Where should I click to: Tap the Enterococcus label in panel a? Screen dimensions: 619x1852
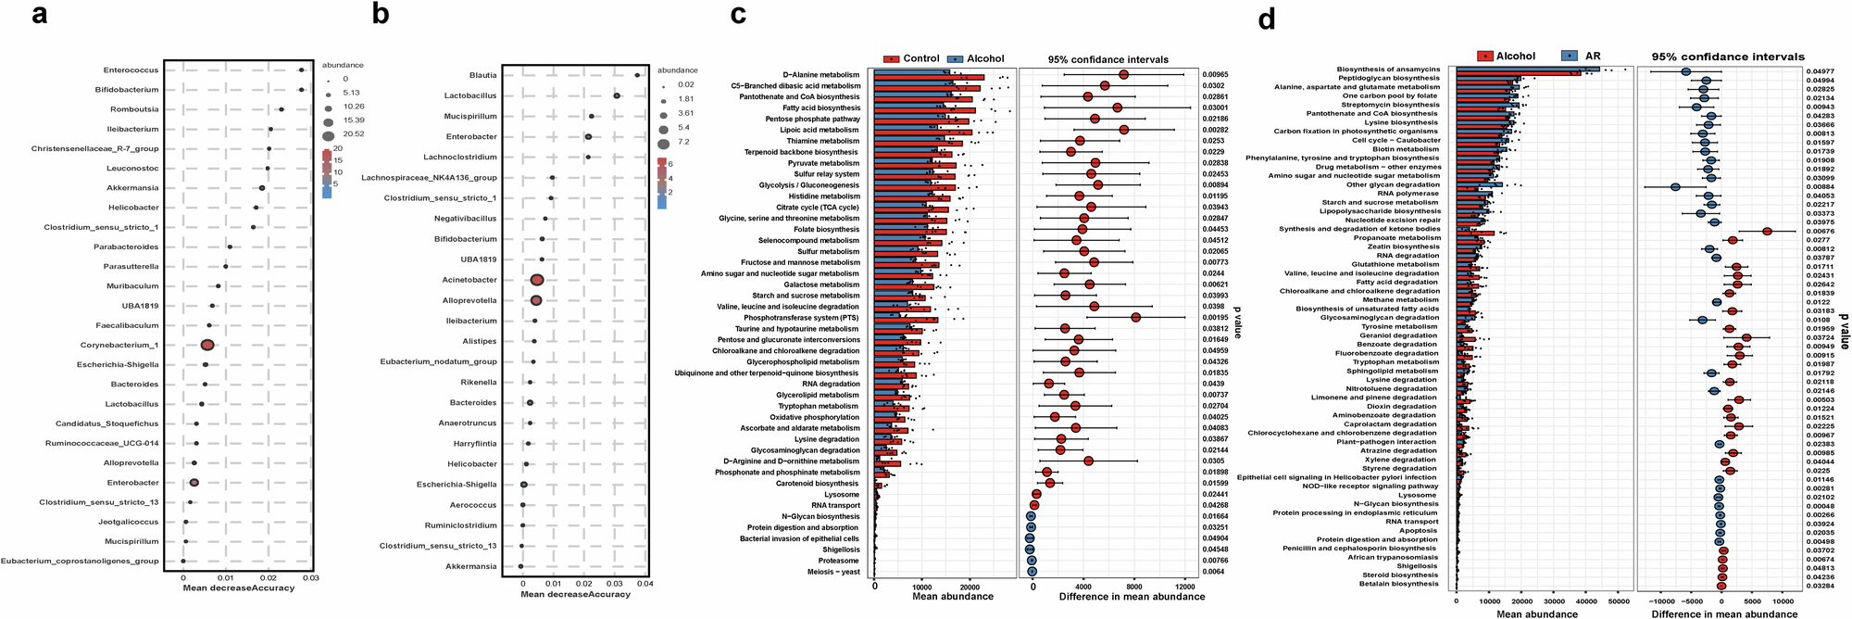pyautogui.click(x=131, y=70)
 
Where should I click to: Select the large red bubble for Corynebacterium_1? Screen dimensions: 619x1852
pyautogui.click(x=207, y=345)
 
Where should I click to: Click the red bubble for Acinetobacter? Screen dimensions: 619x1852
pyautogui.click(x=536, y=280)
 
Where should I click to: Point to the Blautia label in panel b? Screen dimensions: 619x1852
pyautogui.click(x=482, y=75)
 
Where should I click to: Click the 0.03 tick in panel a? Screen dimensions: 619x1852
pyautogui.click(x=310, y=577)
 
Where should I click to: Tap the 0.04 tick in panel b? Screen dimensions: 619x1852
pyautogui.click(x=644, y=584)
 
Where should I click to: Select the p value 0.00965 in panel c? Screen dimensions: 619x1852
pyautogui.click(x=1215, y=75)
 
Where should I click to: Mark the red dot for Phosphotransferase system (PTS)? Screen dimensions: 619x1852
pyautogui.click(x=1135, y=318)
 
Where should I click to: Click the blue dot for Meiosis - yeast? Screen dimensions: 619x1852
pyautogui.click(x=1032, y=572)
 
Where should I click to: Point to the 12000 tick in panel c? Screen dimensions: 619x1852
pyautogui.click(x=1183, y=587)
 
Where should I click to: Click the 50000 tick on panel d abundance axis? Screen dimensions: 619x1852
pyautogui.click(x=1618, y=601)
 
